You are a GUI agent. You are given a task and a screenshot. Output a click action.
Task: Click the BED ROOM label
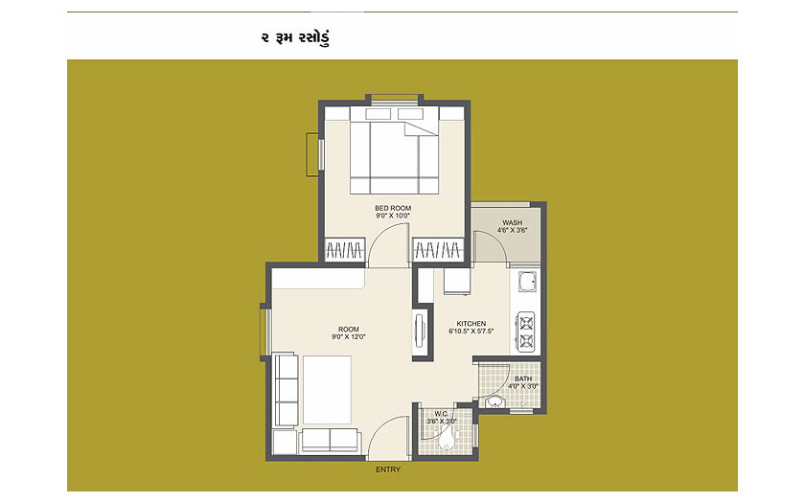[393, 208]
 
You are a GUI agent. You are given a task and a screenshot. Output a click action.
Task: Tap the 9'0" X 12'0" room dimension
[349, 337]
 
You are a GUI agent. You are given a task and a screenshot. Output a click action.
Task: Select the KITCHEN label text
[471, 324]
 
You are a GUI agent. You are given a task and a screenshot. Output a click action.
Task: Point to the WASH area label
[513, 222]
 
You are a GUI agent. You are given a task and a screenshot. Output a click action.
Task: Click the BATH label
[523, 378]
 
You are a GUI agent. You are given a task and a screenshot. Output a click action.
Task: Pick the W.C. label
[442, 414]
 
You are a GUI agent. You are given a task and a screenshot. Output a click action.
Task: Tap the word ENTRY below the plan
[388, 469]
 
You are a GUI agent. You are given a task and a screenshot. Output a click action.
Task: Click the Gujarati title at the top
[295, 38]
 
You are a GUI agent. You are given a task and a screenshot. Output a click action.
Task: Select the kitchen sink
[527, 282]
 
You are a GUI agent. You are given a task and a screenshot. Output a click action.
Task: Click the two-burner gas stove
[526, 332]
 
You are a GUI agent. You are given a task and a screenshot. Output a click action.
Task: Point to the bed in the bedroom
[394, 150]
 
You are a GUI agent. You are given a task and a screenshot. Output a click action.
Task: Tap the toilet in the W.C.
[448, 439]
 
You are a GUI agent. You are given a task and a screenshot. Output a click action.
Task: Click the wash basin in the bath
[494, 401]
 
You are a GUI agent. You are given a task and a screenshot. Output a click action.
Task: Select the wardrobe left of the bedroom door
[344, 250]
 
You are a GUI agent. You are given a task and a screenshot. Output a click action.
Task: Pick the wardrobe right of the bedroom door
[439, 250]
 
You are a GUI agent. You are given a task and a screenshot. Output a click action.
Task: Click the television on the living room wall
[420, 332]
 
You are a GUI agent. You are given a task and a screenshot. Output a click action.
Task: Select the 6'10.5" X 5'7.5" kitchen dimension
[471, 332]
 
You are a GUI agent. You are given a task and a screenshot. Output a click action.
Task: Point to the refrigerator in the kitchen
[457, 282]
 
